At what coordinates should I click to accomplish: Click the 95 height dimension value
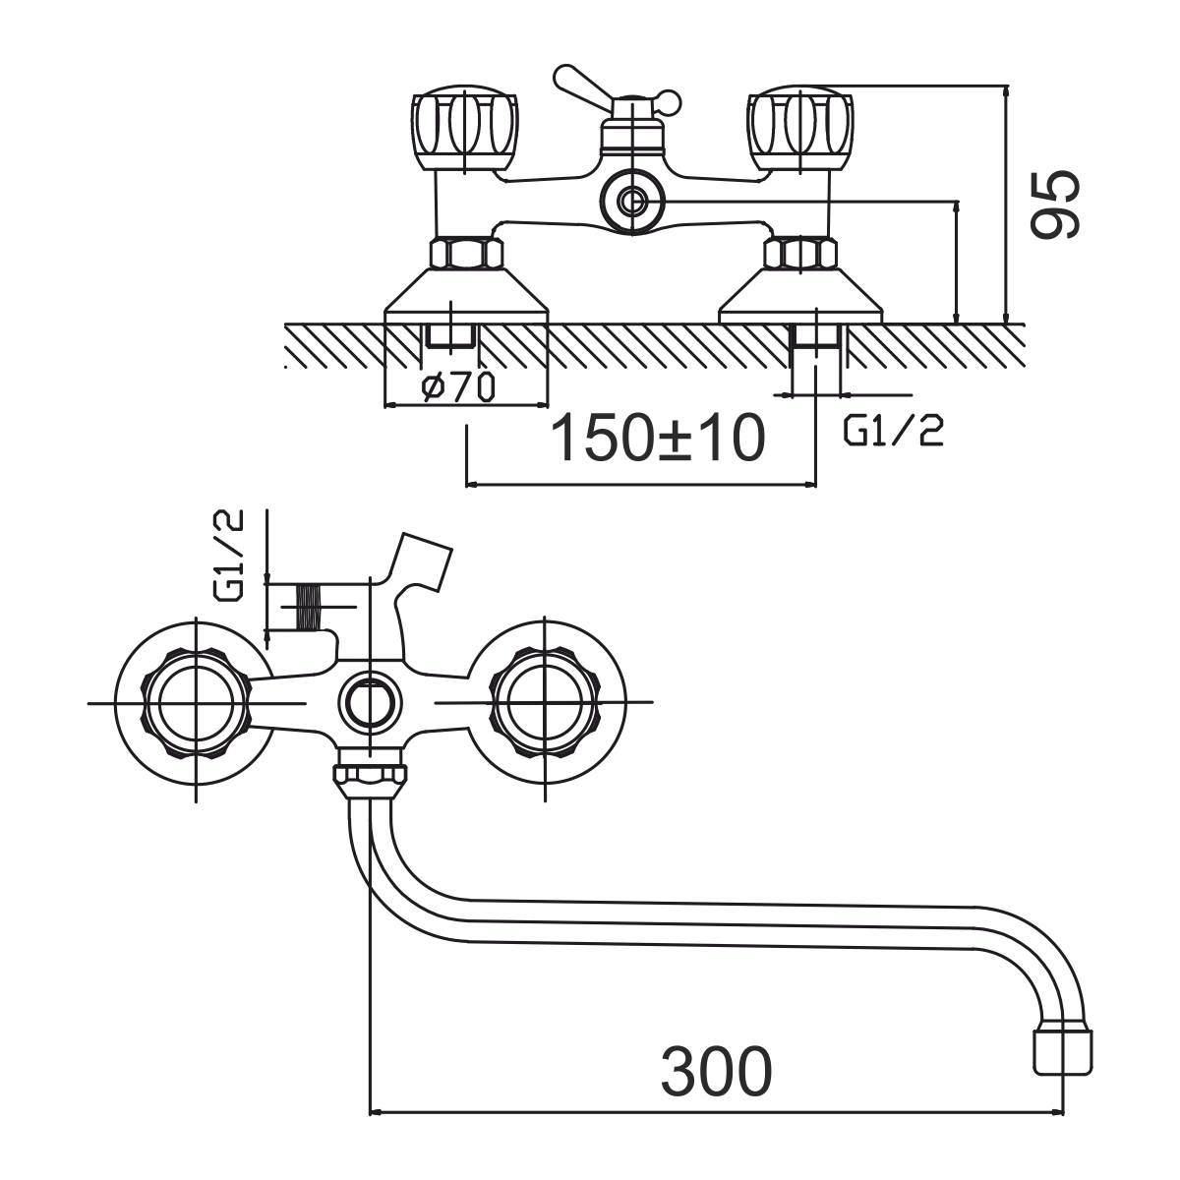pos(1054,204)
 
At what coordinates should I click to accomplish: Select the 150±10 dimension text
pos(658,439)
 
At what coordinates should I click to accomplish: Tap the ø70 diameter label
pos(458,387)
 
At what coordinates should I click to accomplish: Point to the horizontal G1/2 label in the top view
pos(894,431)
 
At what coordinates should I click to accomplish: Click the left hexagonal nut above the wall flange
pos(467,253)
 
